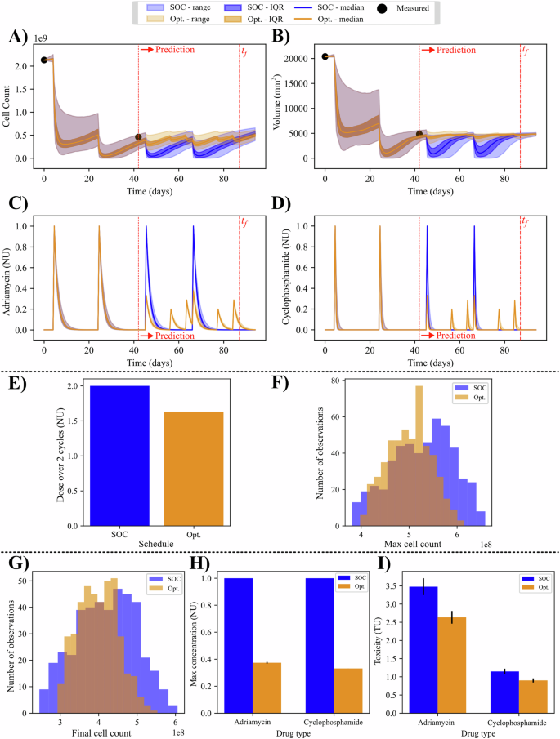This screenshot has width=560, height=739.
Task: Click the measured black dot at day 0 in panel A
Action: tap(44, 60)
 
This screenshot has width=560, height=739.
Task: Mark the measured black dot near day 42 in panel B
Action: tap(419, 134)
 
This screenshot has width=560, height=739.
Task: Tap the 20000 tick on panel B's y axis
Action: tap(305, 59)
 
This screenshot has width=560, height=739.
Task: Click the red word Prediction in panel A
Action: tap(172, 50)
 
